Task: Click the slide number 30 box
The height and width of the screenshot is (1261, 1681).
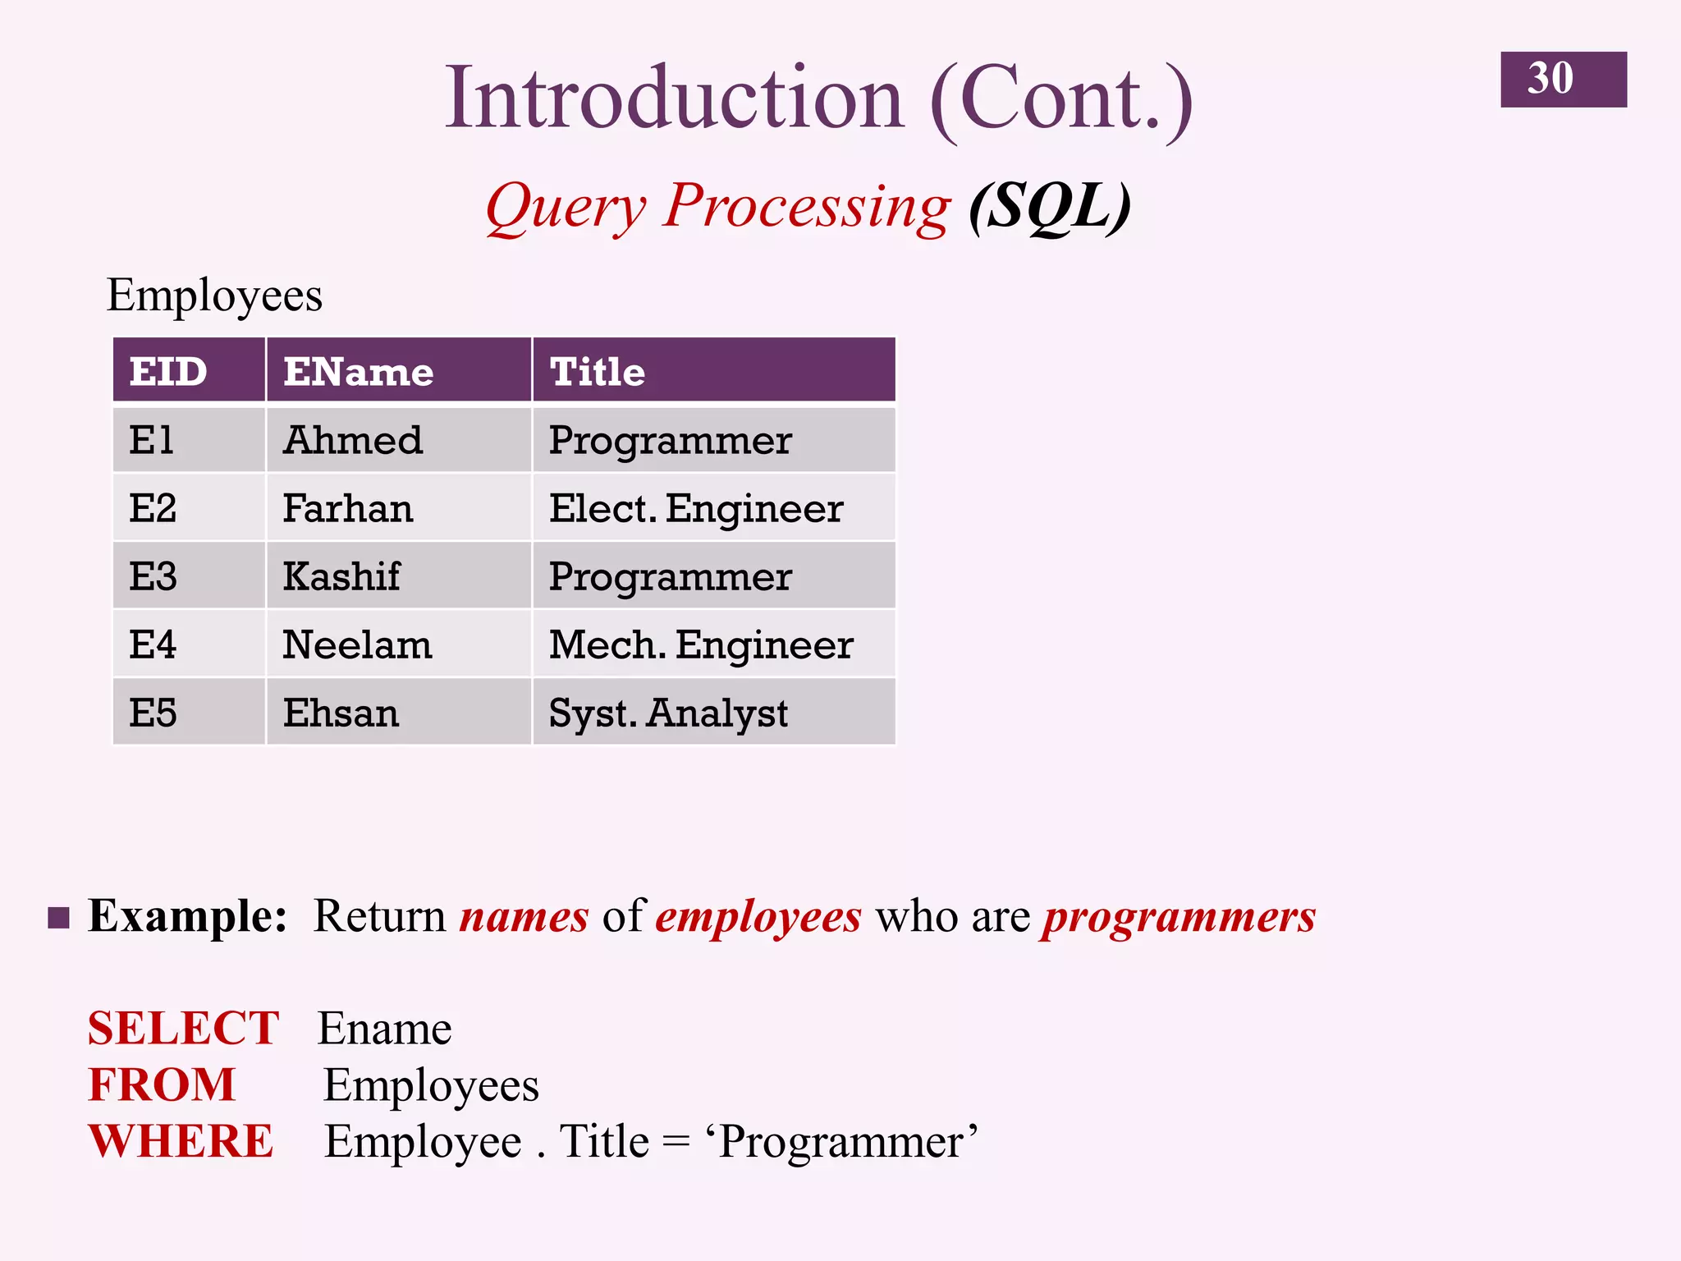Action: (1563, 79)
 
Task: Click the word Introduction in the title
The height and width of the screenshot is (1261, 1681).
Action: (673, 99)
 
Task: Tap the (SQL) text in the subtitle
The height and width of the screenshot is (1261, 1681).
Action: (1049, 207)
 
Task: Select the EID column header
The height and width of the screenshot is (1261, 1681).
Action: (168, 371)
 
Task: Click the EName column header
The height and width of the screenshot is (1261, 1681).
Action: (359, 371)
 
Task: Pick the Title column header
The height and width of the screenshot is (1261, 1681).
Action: (598, 371)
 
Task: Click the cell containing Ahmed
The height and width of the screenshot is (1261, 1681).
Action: (353, 440)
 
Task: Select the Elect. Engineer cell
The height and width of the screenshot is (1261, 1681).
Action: (696, 508)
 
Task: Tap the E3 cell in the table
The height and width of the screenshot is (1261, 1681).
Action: (153, 576)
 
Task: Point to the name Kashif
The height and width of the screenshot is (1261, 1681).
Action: (341, 576)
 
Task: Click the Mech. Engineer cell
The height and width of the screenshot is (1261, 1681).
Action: (701, 644)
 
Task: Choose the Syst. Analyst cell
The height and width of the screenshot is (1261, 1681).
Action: (668, 713)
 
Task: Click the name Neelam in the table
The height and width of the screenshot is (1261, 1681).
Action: (357, 644)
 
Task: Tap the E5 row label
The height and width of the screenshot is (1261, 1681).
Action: (153, 713)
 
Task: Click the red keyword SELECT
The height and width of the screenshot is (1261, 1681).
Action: (183, 1028)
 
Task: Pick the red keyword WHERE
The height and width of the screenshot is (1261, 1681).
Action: (181, 1141)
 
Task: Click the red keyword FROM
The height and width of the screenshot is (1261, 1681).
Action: (162, 1084)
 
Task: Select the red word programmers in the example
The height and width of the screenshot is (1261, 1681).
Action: (1179, 917)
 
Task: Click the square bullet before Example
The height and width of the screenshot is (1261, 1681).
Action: (58, 917)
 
